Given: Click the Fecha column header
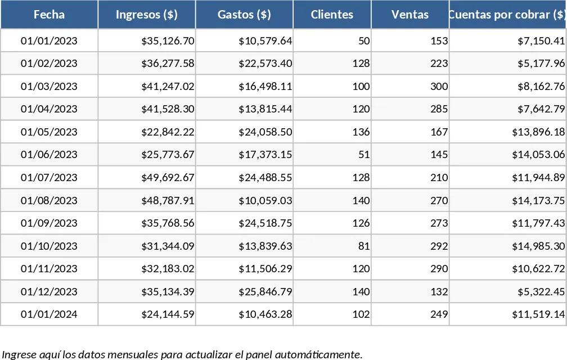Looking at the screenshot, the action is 49,15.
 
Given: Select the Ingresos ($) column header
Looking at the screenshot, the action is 146,15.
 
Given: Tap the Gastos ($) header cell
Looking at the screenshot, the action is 244,15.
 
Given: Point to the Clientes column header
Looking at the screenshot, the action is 332,15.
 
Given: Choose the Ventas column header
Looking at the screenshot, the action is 409,15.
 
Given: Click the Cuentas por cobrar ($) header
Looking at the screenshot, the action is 508,15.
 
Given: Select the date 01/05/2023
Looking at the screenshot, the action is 49,132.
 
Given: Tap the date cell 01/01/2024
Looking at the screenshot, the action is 49,314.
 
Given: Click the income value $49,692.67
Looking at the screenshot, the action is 168,178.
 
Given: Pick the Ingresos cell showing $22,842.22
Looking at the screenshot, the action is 168,132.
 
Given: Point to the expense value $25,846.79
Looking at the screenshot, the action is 265,291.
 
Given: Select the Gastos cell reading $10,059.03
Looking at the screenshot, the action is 265,200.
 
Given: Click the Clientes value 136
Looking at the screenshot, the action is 361,132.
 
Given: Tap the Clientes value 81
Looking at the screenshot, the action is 364,246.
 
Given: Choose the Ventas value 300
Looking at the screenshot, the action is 439,87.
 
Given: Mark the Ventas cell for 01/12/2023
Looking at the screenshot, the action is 439,291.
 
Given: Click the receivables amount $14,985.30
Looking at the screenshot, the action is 538,246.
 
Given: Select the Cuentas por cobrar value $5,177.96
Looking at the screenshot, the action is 541,63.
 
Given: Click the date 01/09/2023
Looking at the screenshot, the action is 49,223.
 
